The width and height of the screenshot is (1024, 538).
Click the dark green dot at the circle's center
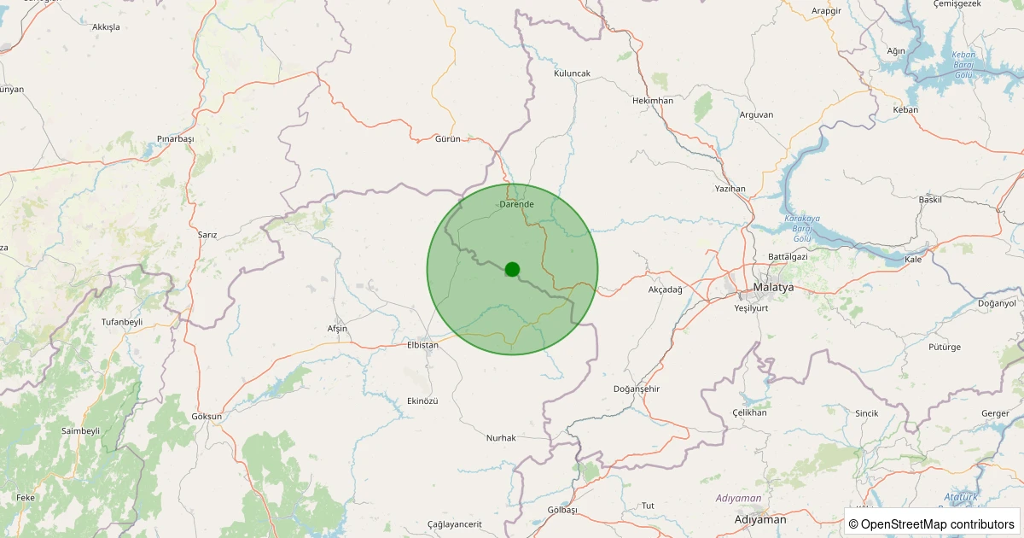(x=512, y=269)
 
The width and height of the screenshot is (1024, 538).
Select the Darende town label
(x=516, y=204)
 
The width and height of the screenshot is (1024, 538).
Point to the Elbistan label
(x=422, y=345)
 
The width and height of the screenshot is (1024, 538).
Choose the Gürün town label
(x=447, y=138)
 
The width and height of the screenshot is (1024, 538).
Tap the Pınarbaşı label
(x=176, y=139)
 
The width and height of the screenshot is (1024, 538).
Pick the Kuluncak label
(x=572, y=73)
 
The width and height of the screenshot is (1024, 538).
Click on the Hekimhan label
(x=653, y=101)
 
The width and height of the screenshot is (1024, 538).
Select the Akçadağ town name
(x=666, y=289)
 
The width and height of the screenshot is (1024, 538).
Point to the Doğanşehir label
(x=637, y=389)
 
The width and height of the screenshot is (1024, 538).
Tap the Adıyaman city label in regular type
(x=759, y=519)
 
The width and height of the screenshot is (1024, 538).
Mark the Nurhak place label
(x=501, y=438)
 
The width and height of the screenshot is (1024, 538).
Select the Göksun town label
(x=207, y=417)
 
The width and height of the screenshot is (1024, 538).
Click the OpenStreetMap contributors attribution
(x=932, y=523)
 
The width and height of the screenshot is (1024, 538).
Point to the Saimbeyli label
(x=80, y=431)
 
